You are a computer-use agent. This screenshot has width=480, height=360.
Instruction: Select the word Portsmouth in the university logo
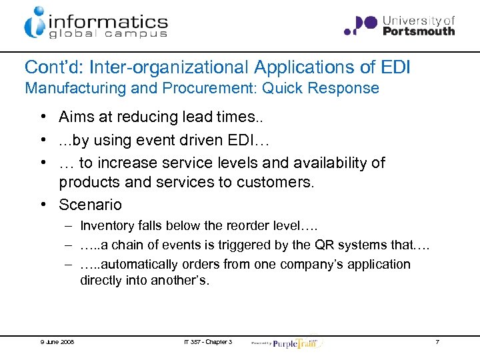419,31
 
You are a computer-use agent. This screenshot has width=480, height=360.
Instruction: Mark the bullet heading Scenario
90,204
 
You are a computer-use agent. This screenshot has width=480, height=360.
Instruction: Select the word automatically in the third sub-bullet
139,265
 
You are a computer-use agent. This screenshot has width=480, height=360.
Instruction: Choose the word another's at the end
181,281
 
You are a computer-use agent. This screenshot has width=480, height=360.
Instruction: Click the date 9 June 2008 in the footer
57,342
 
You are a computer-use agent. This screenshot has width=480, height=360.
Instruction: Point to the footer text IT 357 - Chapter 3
207,342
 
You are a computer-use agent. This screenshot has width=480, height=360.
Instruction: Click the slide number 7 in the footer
437,342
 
